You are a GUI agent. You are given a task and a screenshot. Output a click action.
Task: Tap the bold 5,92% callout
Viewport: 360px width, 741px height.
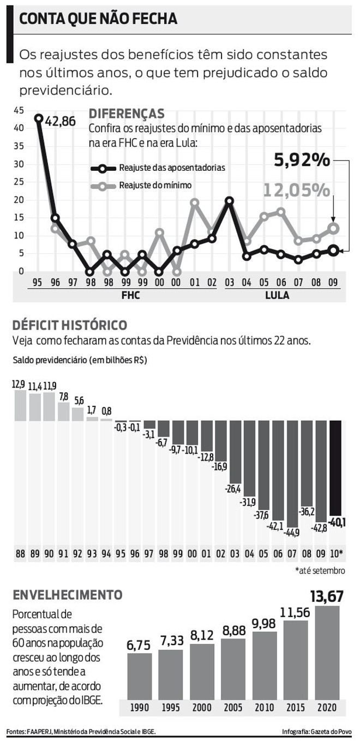[302, 160]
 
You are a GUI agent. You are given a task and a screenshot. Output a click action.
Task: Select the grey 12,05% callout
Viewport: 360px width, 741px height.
[297, 190]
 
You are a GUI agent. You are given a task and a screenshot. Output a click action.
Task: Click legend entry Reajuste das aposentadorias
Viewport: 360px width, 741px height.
[172, 168]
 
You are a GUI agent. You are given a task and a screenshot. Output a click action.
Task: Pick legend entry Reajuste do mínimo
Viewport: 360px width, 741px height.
[155, 186]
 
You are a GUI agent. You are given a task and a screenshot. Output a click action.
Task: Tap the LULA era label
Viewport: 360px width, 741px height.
[277, 296]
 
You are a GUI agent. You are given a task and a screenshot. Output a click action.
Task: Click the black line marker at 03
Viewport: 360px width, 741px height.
[230, 201]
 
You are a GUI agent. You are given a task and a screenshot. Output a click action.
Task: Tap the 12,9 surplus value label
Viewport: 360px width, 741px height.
[19, 385]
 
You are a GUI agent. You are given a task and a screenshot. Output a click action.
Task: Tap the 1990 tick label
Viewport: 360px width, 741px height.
[140, 708]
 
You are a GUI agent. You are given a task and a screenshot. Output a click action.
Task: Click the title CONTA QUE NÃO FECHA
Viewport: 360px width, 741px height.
[98, 20]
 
